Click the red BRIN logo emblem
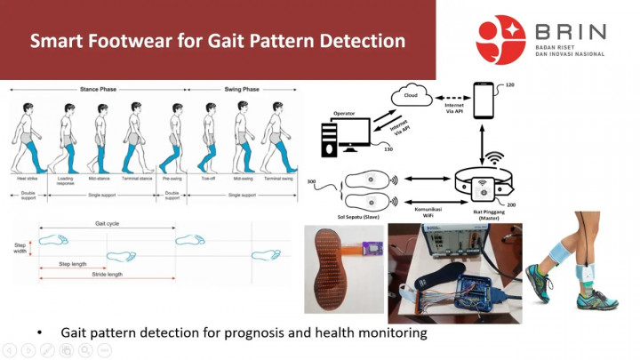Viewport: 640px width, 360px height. (500, 39)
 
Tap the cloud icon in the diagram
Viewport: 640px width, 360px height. (411, 95)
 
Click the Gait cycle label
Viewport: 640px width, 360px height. (109, 225)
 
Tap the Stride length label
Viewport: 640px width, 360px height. (109, 275)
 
